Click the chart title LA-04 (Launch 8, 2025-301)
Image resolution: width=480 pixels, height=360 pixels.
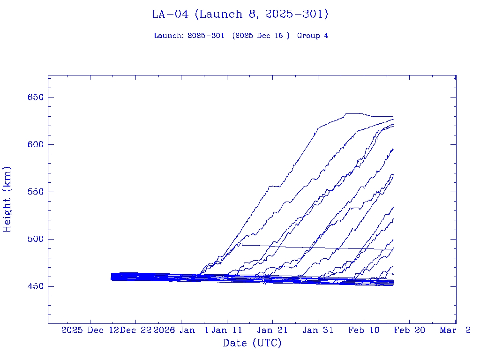coord(240,15)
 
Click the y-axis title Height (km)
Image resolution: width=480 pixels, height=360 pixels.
coord(7,199)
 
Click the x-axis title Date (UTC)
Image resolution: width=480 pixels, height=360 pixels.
coord(252,343)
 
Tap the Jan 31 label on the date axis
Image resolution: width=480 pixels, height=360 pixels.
coord(318,330)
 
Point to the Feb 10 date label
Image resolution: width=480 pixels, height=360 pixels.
coord(364,330)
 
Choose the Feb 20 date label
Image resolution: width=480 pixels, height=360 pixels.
coord(409,330)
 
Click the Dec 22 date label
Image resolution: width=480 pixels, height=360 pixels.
coord(135,330)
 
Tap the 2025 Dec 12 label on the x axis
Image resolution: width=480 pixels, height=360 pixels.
coord(90,330)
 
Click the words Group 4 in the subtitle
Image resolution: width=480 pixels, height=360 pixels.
coord(313,36)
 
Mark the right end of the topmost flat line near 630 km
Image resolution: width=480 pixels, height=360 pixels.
coord(393,116)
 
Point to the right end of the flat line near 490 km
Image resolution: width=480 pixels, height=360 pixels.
coord(393,249)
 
